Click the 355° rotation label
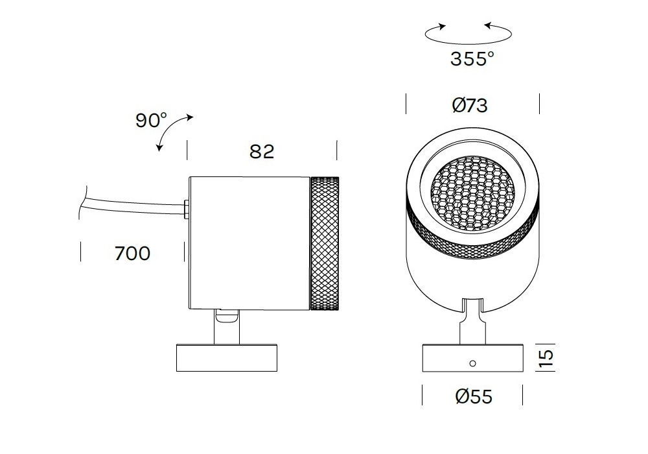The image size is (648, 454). pos(472,59)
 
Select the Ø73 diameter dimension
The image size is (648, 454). pos(470,105)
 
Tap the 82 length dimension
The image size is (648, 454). pos(262,152)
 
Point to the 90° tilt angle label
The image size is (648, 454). pos(151,120)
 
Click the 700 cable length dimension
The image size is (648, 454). pos(132,254)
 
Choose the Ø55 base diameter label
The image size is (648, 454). pos(474,396)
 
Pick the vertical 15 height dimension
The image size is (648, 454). pos(546,358)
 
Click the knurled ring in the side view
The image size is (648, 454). pos(325,243)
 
